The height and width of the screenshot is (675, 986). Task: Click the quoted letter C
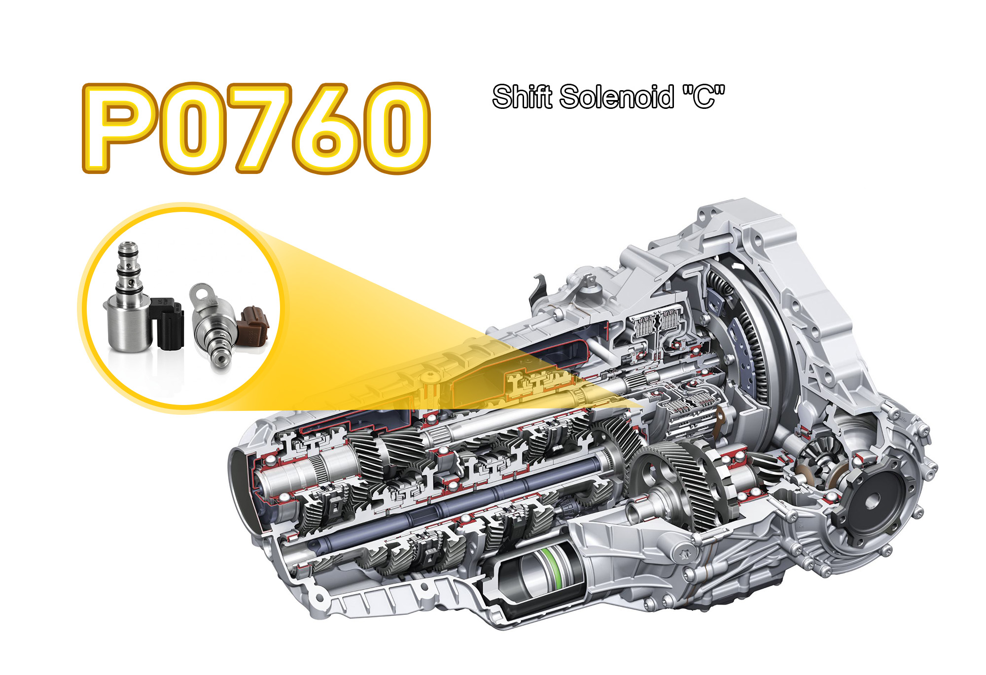(x=704, y=97)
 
